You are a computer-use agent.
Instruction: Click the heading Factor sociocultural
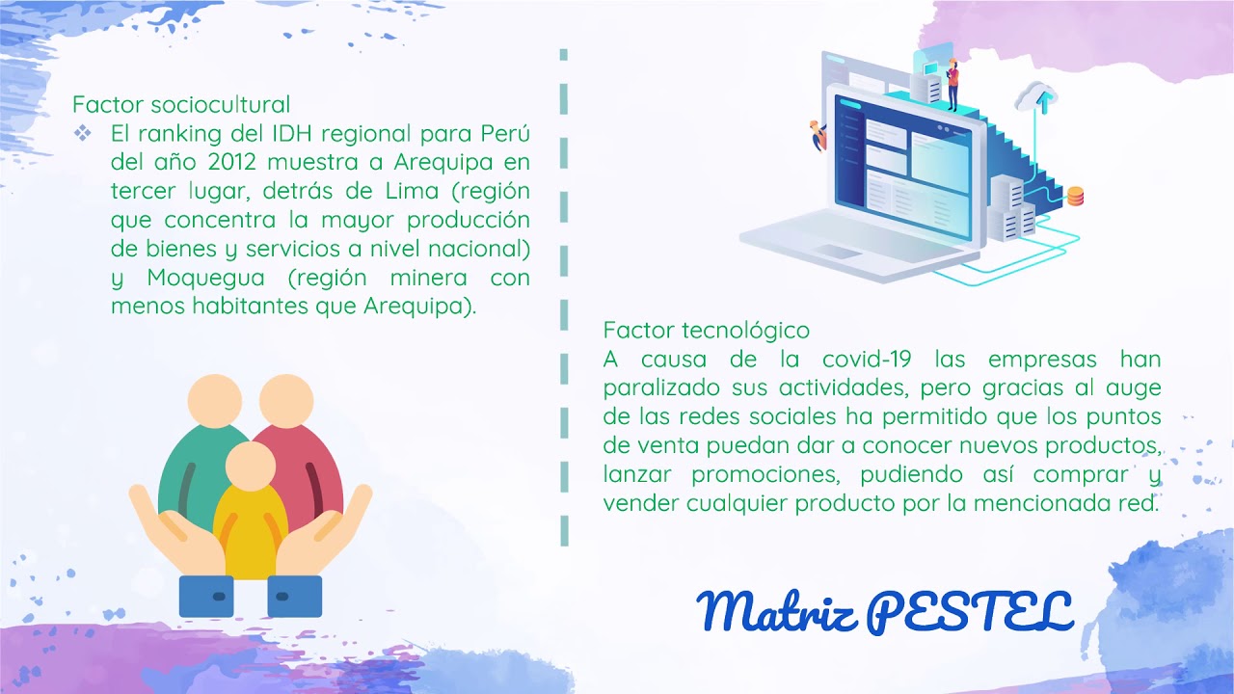point(181,104)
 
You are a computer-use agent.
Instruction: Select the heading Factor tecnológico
point(707,331)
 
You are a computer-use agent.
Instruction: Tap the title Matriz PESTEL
point(884,610)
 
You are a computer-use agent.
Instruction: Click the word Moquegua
point(206,279)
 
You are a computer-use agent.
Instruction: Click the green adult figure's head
point(214,398)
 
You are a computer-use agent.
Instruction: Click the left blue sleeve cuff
point(206,596)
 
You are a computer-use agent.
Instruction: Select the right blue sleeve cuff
point(294,596)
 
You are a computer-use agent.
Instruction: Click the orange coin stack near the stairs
point(1075,197)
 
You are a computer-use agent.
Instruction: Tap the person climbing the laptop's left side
point(818,135)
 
